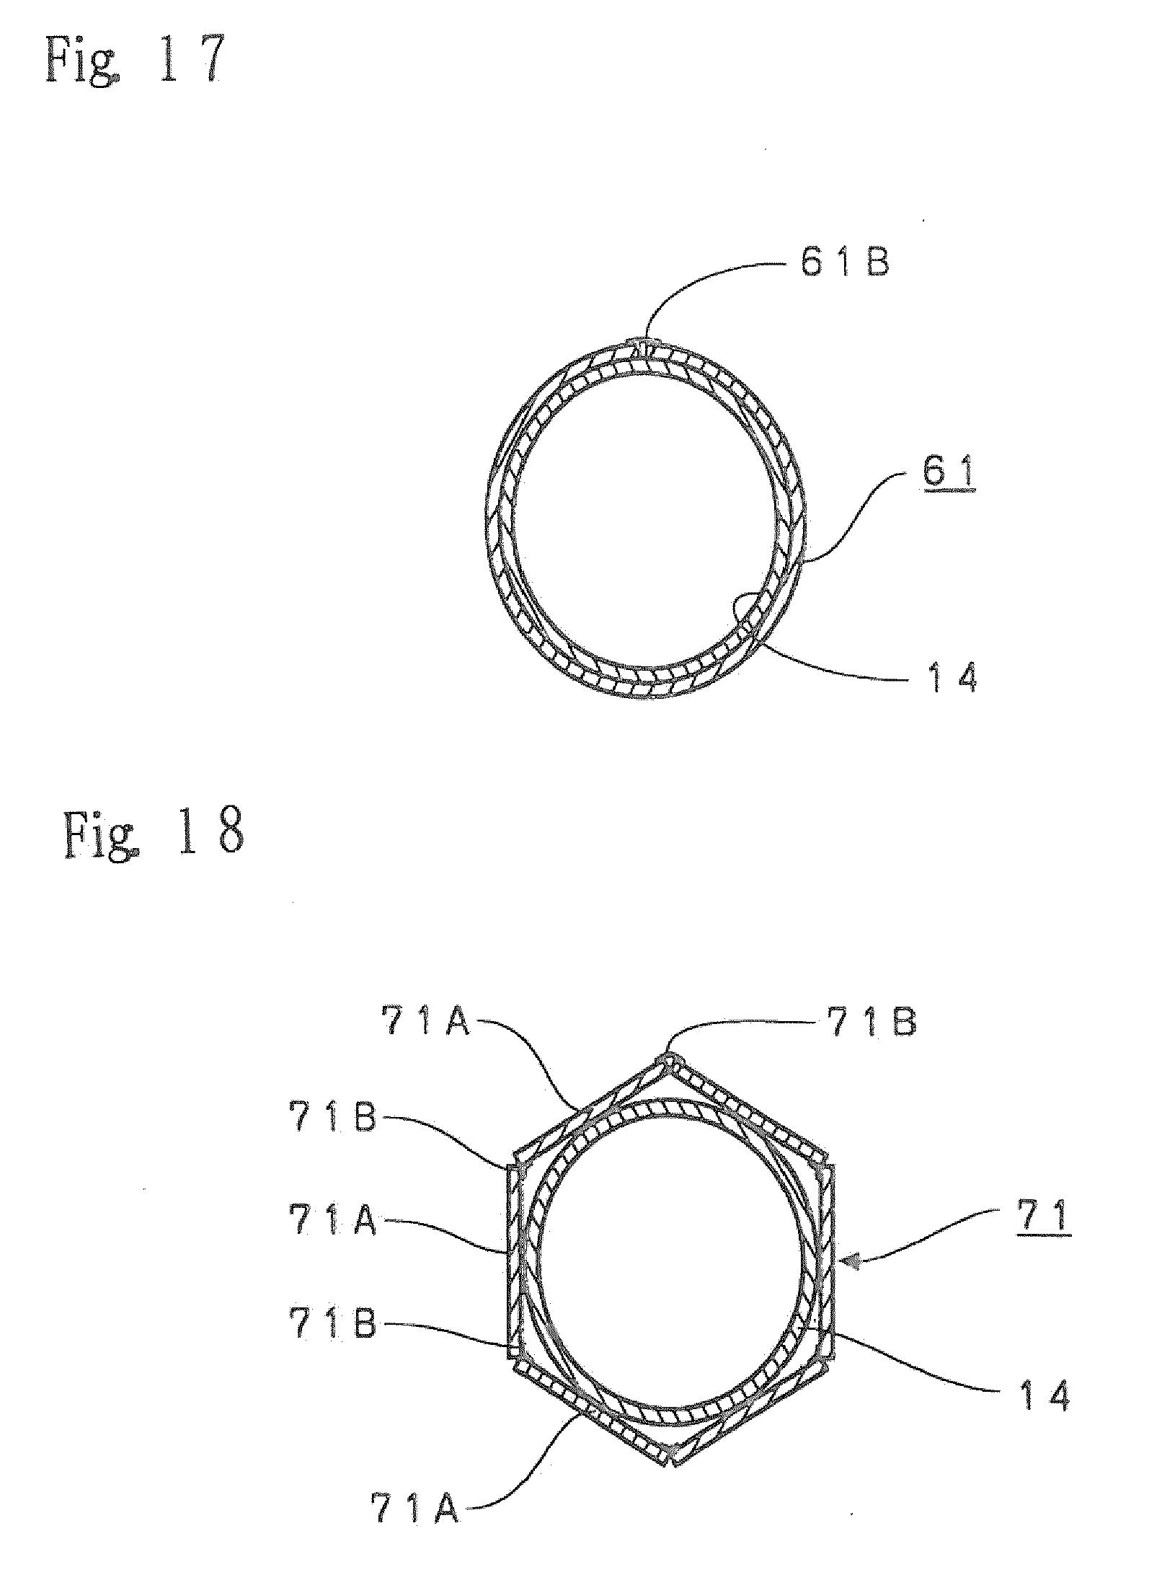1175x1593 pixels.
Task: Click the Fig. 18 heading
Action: tap(153, 834)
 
